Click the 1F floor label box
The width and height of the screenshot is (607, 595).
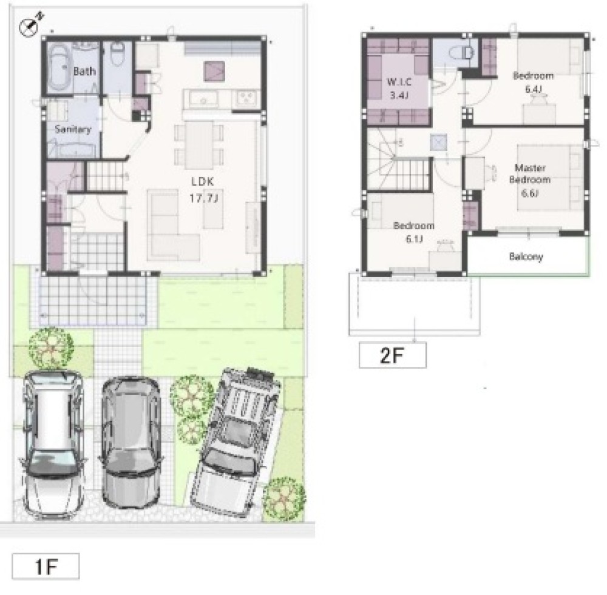[46, 566]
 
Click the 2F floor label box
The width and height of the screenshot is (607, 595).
[393, 355]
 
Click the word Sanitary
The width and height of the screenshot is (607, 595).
[73, 129]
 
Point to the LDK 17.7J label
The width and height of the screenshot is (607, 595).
[203, 190]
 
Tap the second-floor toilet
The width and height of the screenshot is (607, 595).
[463, 53]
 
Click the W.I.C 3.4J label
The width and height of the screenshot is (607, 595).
[399, 89]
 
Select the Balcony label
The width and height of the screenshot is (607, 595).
[526, 257]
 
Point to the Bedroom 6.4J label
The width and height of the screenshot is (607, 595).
[533, 82]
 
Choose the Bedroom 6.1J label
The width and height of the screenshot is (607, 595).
[413, 232]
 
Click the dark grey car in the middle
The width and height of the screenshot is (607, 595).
[131, 442]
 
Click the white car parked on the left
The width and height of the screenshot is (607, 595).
[53, 445]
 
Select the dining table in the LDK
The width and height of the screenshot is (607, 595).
[199, 145]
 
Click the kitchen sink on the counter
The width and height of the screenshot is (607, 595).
[203, 99]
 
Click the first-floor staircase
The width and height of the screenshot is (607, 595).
[105, 176]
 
